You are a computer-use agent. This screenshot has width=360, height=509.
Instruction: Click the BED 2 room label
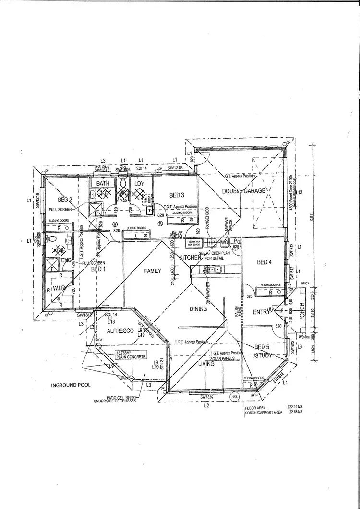(x=65, y=200)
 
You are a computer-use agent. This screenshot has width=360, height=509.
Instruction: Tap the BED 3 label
(x=177, y=195)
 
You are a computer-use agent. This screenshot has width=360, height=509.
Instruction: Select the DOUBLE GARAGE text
(x=243, y=191)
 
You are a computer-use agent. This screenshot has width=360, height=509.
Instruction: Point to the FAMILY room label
(x=153, y=271)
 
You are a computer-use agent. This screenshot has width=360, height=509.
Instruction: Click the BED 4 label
(x=264, y=262)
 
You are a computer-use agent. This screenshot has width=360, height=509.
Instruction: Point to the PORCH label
(x=302, y=312)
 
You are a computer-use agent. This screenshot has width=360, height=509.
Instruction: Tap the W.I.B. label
(x=60, y=288)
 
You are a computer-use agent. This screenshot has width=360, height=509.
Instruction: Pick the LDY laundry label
(x=140, y=184)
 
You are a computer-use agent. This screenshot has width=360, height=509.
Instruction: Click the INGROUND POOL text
(x=70, y=385)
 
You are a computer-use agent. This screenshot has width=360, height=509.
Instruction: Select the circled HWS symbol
(x=235, y=397)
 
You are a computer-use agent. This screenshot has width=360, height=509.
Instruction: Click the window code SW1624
(x=207, y=397)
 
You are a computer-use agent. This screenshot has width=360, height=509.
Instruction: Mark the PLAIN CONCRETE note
(x=129, y=357)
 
